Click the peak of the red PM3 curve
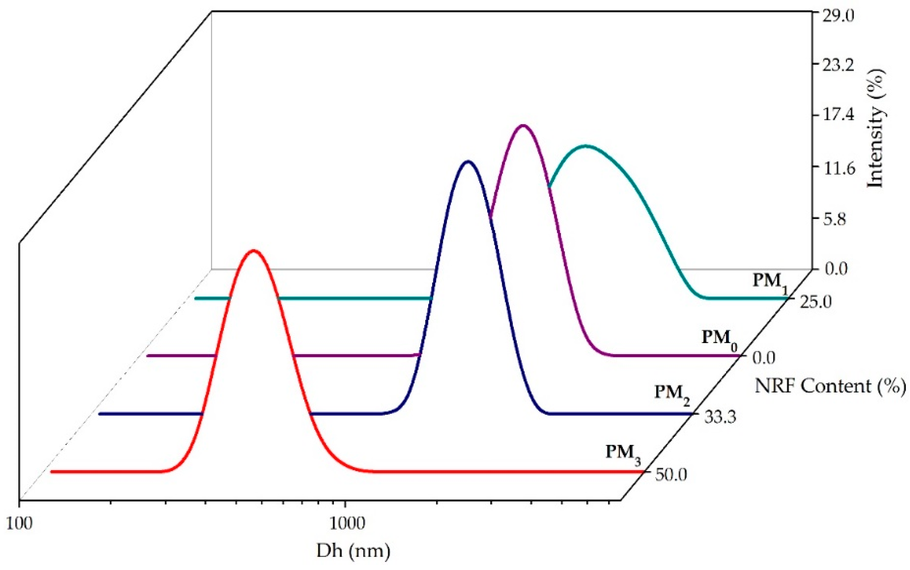point(253,251)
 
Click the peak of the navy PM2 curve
point(468,162)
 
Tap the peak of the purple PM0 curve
point(523,126)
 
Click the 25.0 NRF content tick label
point(814,302)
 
